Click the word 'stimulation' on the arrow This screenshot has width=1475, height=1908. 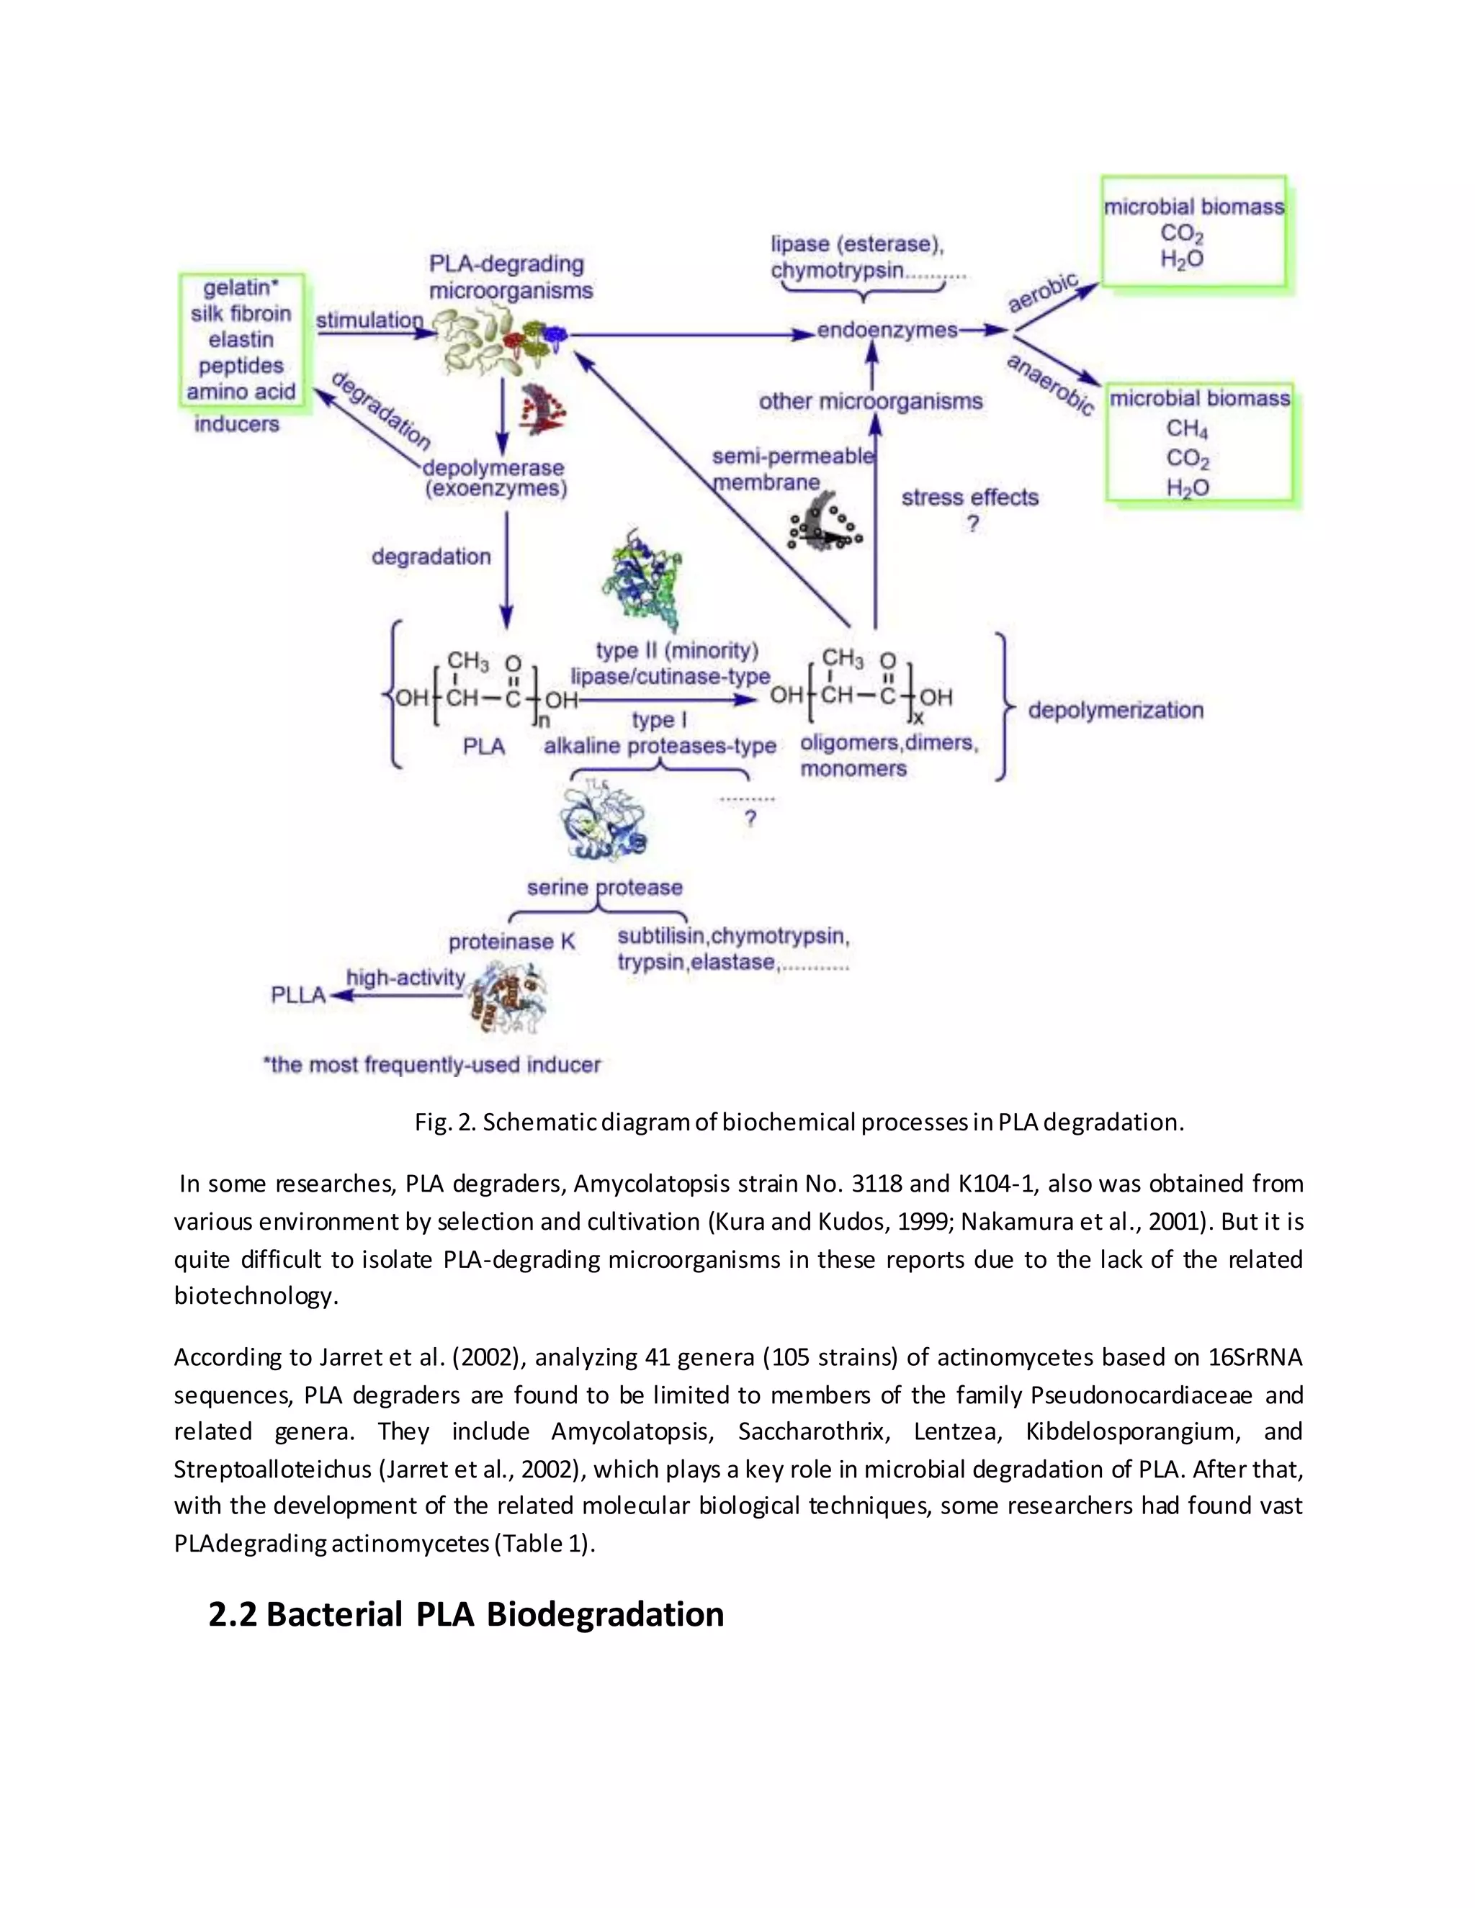click(369, 320)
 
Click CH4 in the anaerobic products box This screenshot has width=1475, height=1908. click(1187, 429)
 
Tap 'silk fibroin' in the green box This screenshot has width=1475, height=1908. click(241, 314)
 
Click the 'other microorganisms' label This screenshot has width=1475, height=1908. click(870, 402)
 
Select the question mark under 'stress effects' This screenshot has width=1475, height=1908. click(972, 524)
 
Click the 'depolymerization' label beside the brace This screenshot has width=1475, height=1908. click(1115, 710)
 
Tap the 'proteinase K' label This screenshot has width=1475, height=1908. click(512, 942)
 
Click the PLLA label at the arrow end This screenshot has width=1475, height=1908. click(298, 995)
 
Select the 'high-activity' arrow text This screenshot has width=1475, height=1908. click(405, 978)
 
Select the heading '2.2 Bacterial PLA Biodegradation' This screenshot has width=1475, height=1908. click(466, 1614)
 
